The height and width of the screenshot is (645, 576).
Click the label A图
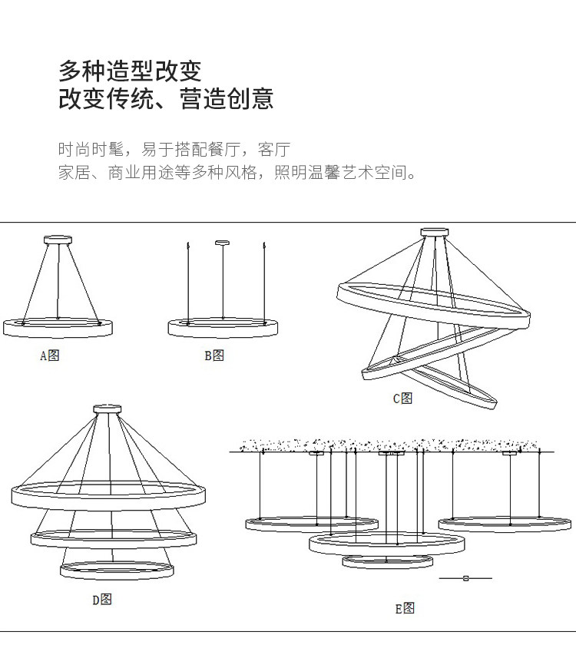coord(50,356)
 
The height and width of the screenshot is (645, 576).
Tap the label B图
coord(214,356)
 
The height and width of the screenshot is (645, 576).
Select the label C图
coord(402,399)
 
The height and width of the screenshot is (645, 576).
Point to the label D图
coord(102,600)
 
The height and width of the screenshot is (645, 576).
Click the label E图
coord(405,608)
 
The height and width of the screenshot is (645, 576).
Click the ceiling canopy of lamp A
coord(58,240)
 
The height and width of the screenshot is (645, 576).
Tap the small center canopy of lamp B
coord(223,243)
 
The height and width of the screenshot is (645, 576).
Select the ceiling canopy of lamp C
coord(435,233)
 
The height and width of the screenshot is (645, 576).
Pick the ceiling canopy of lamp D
coord(108,408)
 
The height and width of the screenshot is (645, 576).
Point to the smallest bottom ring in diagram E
coord(388,566)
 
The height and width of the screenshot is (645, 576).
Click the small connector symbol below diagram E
coord(465,578)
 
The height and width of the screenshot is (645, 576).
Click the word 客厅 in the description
coord(274,149)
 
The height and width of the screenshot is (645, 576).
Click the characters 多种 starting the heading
coord(82,71)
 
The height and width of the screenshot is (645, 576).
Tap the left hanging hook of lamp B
coord(188,246)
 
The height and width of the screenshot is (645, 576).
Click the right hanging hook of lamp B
coord(263,246)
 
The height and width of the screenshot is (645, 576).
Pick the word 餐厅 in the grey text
coord(224,149)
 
